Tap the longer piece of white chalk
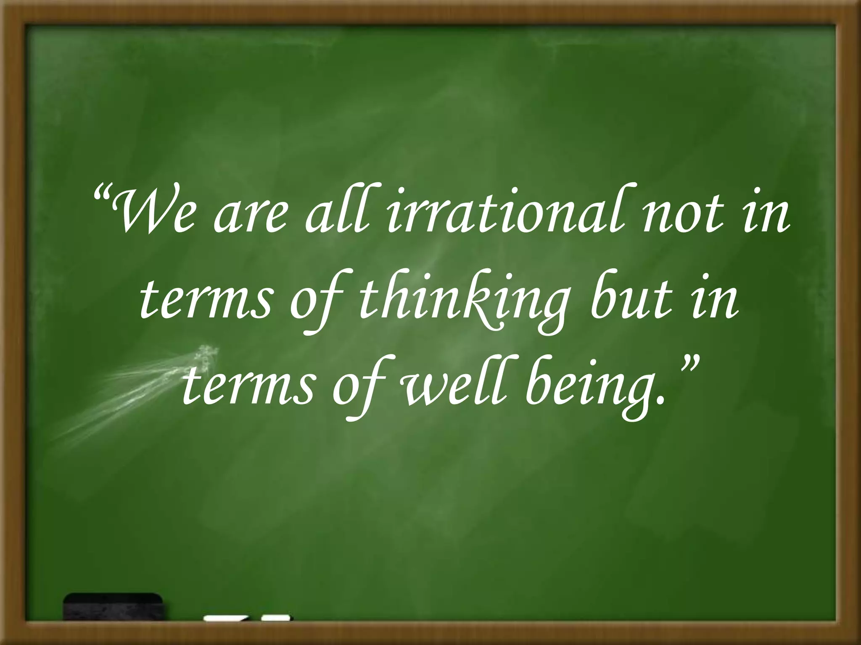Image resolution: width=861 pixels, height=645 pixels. click(225, 631)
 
